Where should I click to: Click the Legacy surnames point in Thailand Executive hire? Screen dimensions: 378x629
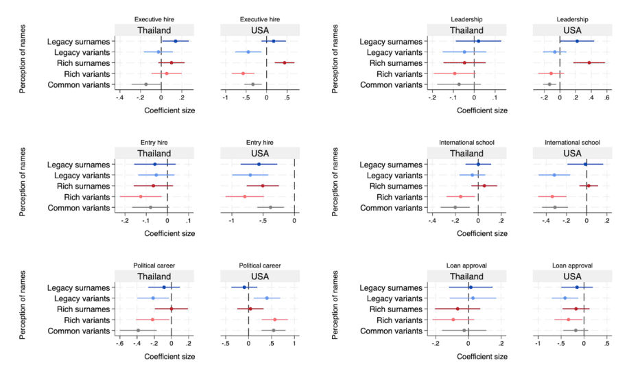tap(175, 41)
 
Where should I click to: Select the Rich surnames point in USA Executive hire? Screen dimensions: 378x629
tap(285, 62)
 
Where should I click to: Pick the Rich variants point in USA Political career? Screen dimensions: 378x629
tap(275, 319)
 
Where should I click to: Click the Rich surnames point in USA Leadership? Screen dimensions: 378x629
tap(589, 62)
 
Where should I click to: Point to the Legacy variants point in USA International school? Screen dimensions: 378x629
tap(554, 175)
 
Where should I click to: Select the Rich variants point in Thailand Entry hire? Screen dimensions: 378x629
tap(140, 196)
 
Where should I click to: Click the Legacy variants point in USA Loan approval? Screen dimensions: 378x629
tap(565, 298)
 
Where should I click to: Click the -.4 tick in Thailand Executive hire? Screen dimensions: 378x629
tap(120, 97)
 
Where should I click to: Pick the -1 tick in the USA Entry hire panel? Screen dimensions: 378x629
tap(233, 220)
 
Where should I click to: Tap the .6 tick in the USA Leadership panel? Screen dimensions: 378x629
tap(606, 97)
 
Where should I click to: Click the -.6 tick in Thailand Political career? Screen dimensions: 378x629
tap(120, 343)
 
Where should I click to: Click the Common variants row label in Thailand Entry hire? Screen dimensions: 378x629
tap(78, 207)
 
